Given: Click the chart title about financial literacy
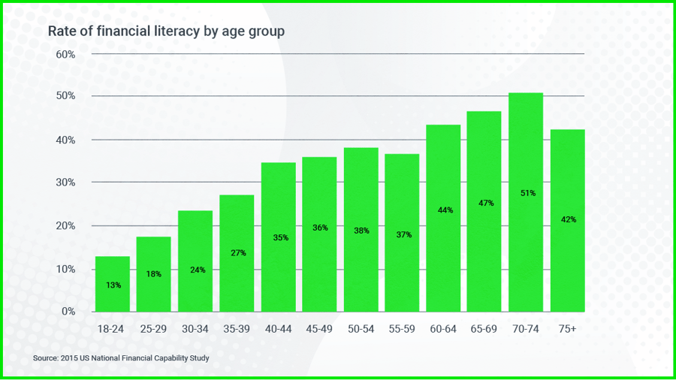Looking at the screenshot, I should pyautogui.click(x=166, y=32).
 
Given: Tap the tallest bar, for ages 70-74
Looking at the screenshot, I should pyautogui.click(x=526, y=202).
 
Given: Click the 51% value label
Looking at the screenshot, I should pyautogui.click(x=527, y=193).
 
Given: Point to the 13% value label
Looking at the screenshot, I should pyautogui.click(x=113, y=285).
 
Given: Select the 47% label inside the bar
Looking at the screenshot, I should pyautogui.click(x=485, y=203).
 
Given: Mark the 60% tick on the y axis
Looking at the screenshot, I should pyautogui.click(x=65, y=55).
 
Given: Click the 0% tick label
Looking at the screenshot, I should pyautogui.click(x=68, y=311).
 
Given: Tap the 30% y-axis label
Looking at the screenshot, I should pyautogui.click(x=65, y=182).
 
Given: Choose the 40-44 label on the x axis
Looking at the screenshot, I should pyautogui.click(x=278, y=330).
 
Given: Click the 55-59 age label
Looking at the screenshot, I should pyautogui.click(x=402, y=330).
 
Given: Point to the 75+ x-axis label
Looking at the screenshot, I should pyautogui.click(x=567, y=330).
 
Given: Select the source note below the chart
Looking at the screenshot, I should pyautogui.click(x=121, y=358).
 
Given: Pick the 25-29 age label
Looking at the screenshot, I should pyautogui.click(x=153, y=330).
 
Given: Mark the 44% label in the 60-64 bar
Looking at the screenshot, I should pyautogui.click(x=444, y=210).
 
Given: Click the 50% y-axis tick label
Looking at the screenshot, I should pyautogui.click(x=65, y=96).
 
